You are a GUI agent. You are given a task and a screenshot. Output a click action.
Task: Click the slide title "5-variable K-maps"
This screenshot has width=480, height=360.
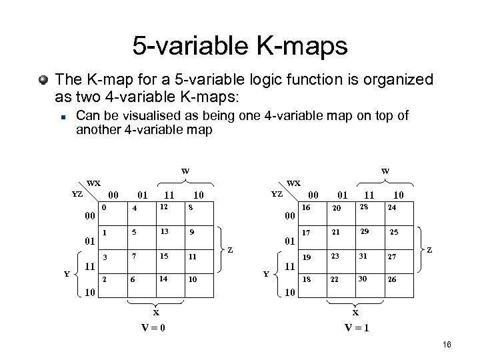pyautogui.click(x=240, y=46)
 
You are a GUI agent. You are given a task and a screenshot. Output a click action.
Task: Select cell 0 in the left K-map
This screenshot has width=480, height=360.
pyautogui.click(x=105, y=208)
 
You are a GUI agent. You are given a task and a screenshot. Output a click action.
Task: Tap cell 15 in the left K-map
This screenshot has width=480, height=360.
pyautogui.click(x=163, y=256)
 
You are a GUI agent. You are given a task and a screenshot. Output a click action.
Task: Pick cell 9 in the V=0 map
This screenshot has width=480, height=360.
pyautogui.click(x=191, y=233)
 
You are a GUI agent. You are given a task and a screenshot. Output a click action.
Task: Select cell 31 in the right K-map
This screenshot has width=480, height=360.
pyautogui.click(x=363, y=256)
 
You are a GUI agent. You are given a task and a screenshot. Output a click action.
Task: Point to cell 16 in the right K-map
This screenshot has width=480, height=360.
pyautogui.click(x=306, y=208)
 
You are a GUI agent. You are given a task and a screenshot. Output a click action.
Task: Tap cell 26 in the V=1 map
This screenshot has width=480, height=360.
pyautogui.click(x=393, y=279)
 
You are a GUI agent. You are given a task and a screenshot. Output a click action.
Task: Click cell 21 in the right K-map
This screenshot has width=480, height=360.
pyautogui.click(x=335, y=233)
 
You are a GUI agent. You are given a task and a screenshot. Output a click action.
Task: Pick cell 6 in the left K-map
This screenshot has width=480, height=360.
pyautogui.click(x=134, y=279)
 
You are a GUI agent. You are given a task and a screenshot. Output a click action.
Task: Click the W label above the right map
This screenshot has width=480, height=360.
pyautogui.click(x=385, y=171)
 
